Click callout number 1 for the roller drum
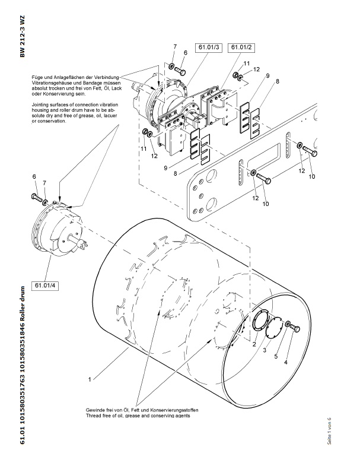click(x=89, y=378)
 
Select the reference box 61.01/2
click(x=241, y=47)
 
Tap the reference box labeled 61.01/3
click(x=208, y=47)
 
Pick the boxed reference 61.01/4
click(x=46, y=286)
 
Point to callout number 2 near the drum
click(x=253, y=344)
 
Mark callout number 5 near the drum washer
click(x=276, y=356)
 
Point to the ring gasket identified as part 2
click(x=259, y=324)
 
